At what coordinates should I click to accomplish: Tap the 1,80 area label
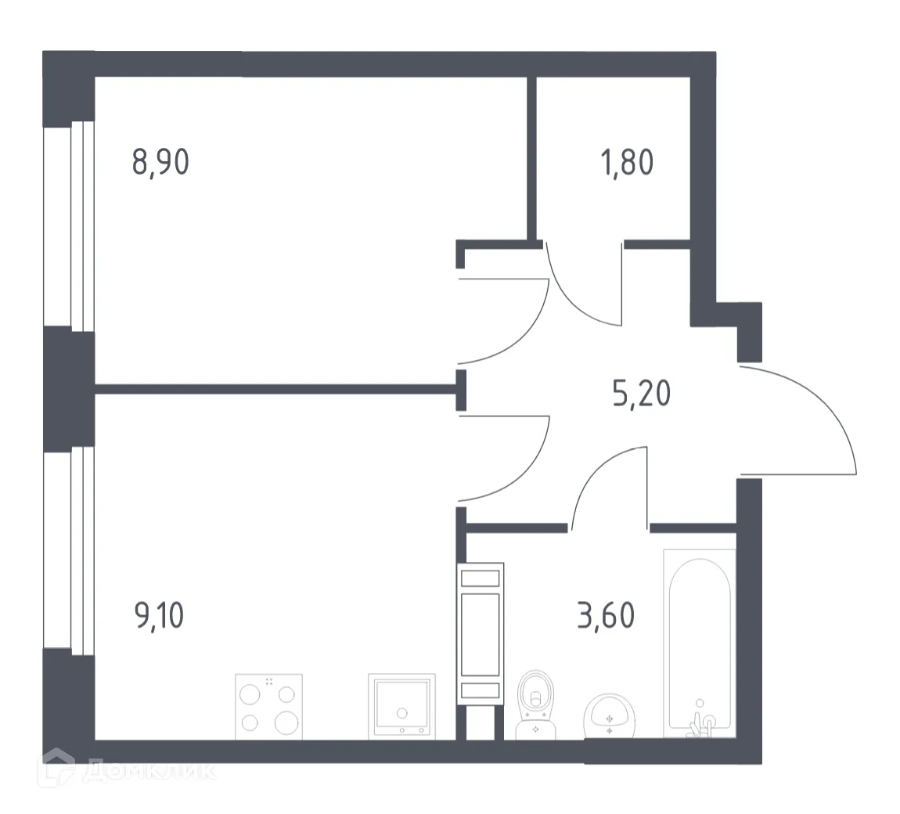coord(627,163)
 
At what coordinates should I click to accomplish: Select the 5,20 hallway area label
coord(642,392)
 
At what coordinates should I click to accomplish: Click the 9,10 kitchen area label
coord(160,615)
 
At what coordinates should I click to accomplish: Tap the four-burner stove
coord(268,707)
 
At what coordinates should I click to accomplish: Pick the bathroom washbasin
coord(610,714)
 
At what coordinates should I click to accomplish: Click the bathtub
coord(699,642)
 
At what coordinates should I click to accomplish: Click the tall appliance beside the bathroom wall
coord(480,634)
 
